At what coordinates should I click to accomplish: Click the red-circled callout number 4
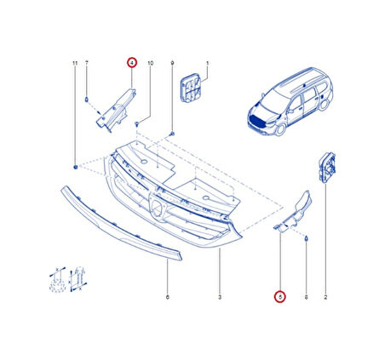pos(132,62)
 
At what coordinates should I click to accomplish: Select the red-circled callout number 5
pos(280,297)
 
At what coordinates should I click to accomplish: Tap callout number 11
pos(75,63)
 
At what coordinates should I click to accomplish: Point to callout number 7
pos(87,63)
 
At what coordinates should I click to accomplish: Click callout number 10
pos(151,63)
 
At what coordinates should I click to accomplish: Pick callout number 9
pos(172,63)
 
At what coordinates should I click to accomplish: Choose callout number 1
pos(208,63)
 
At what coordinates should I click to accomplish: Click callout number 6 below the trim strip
pos(167,297)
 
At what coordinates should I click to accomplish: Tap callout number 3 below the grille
pos(220,297)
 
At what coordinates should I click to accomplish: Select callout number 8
pos(306,297)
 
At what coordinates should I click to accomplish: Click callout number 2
pos(325,297)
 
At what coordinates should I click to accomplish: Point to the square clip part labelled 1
pos(191,88)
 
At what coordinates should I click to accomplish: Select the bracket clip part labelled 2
pos(327,168)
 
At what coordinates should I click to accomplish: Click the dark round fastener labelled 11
pos(76,167)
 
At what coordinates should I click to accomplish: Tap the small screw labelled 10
pos(137,124)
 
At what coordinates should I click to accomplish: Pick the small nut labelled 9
pos(172,134)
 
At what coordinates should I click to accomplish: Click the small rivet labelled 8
pos(307,239)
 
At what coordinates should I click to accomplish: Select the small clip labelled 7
pos(87,100)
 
